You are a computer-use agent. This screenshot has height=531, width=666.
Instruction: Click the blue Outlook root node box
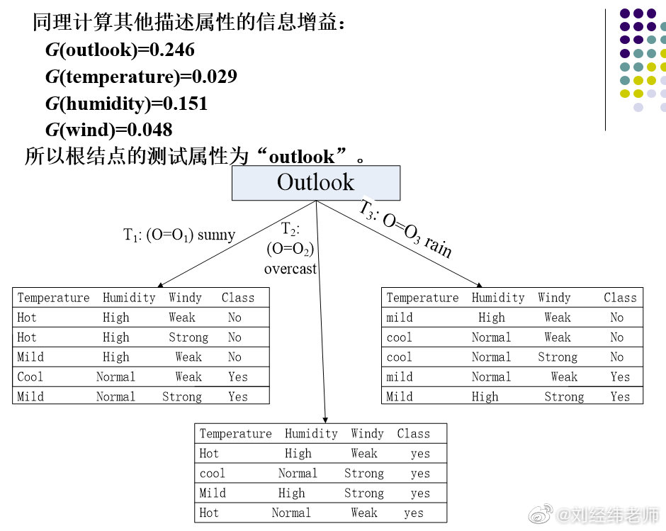(x=315, y=183)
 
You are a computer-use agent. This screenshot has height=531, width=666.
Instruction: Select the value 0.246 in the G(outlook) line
(x=170, y=50)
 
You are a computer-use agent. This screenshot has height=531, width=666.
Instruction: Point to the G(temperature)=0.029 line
(x=141, y=77)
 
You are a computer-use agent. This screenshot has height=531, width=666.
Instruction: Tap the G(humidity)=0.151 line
(x=126, y=104)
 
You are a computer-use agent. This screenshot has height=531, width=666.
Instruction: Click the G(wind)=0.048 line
(x=108, y=130)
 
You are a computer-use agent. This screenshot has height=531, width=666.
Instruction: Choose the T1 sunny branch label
(x=179, y=235)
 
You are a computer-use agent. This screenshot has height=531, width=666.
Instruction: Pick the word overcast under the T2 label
(x=290, y=269)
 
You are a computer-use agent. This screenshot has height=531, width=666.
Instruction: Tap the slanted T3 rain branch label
(x=405, y=228)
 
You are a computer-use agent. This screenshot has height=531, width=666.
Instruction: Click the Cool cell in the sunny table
(x=30, y=377)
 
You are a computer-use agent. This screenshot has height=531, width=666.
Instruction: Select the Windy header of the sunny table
(x=185, y=298)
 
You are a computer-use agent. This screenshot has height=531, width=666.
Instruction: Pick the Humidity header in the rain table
(x=498, y=298)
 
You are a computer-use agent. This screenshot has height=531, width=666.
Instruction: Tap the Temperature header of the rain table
(x=422, y=298)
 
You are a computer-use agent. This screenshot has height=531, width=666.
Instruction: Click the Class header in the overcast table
(x=413, y=433)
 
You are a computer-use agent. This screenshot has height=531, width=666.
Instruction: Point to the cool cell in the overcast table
(x=213, y=473)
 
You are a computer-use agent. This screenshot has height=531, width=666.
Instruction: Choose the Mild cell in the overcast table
(x=213, y=493)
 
